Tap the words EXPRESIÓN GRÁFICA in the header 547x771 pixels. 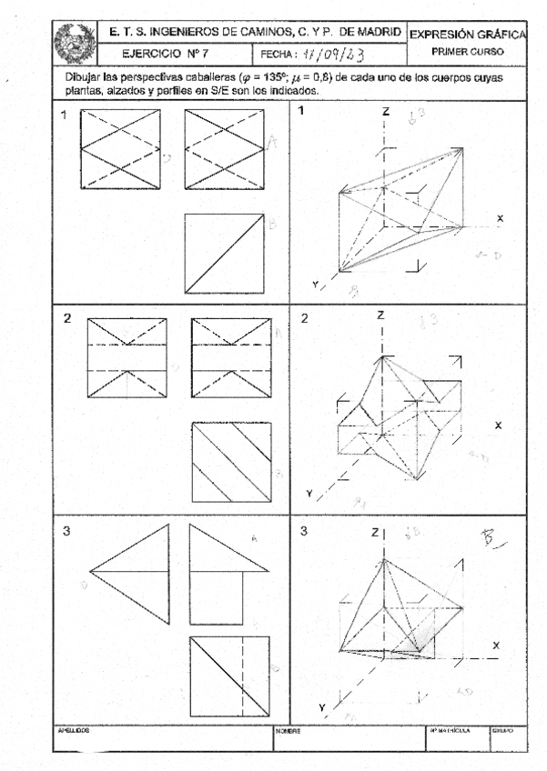click(x=466, y=35)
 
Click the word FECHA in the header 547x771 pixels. click(x=276, y=54)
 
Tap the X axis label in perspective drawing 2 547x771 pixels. click(x=498, y=425)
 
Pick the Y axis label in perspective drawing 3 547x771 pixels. click(x=321, y=707)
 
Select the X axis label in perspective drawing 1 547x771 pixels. click(x=500, y=218)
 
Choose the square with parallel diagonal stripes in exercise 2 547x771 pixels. click(x=230, y=462)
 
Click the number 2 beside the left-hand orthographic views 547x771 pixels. click(x=66, y=319)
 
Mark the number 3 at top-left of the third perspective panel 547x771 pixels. click(x=304, y=530)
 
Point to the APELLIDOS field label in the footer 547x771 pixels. click(x=70, y=730)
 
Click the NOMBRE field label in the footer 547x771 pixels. click(x=288, y=730)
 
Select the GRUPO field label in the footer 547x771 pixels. click(x=502, y=730)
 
